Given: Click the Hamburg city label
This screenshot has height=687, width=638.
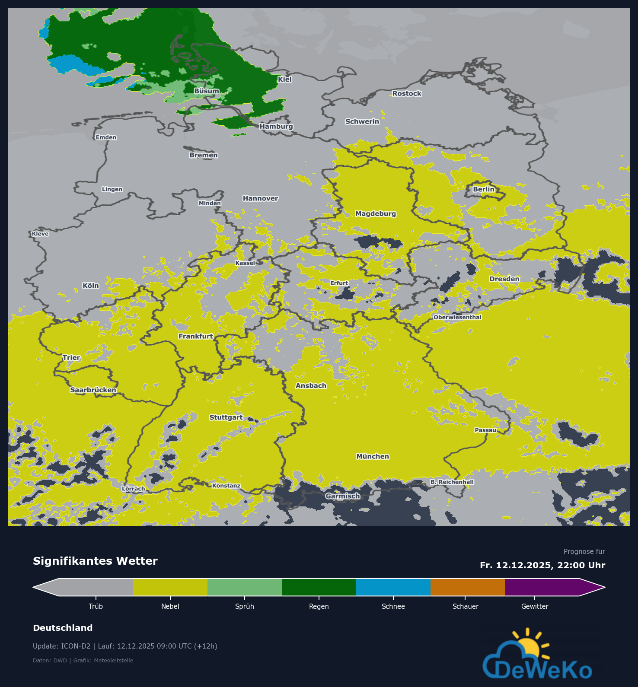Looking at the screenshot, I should [276, 126].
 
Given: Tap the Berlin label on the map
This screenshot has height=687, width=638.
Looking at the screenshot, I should [483, 189].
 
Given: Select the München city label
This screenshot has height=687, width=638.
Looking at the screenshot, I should [373, 456].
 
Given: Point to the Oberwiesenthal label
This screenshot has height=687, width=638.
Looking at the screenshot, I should [457, 317].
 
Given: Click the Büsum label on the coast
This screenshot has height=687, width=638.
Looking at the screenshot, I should [207, 91].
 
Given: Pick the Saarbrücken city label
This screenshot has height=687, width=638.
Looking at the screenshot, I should [93, 390].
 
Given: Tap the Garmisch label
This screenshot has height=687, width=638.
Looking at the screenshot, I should [343, 496].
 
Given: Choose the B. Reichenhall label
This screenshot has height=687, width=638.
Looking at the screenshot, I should [452, 482].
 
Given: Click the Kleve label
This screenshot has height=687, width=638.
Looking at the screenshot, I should [40, 234].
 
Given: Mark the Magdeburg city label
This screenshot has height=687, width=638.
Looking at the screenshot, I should [376, 213].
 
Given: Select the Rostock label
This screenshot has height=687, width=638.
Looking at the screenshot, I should [407, 93].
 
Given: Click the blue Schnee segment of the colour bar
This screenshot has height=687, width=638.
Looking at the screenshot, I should [393, 587].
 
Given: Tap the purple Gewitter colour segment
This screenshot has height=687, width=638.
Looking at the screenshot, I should [542, 587].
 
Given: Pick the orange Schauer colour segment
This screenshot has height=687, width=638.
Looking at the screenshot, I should [468, 587].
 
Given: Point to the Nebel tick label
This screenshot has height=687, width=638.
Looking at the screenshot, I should [170, 606].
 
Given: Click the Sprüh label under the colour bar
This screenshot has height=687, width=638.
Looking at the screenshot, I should [245, 606].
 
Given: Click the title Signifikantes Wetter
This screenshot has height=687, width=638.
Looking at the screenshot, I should [95, 561].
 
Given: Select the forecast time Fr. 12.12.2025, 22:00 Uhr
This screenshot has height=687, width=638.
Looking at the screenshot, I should [542, 565].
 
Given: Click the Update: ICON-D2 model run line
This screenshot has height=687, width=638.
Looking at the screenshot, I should [125, 646].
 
